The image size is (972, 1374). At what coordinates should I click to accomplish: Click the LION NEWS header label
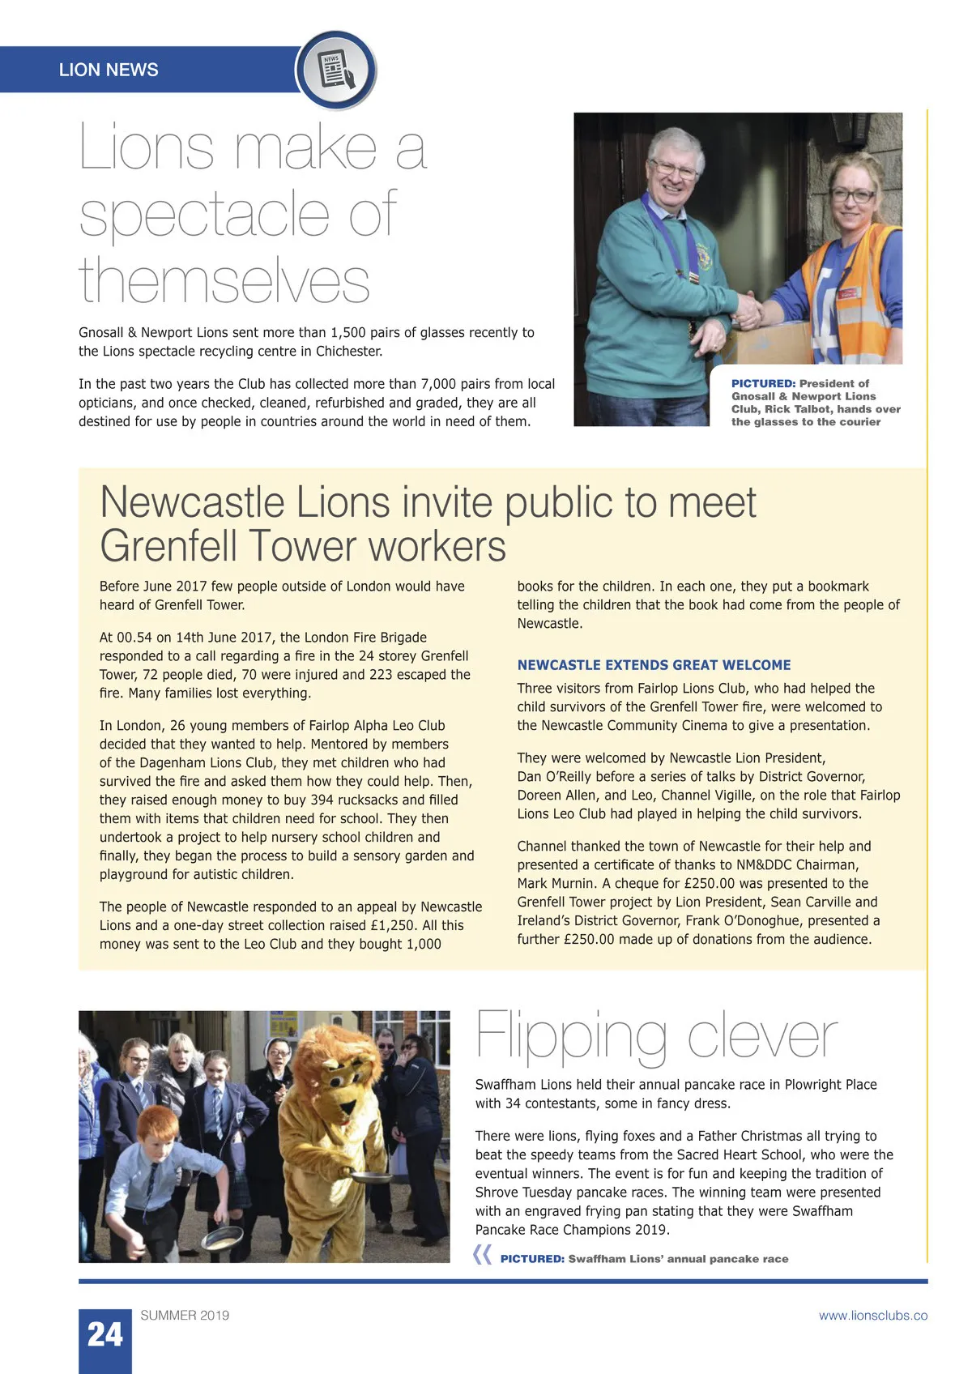coord(109,70)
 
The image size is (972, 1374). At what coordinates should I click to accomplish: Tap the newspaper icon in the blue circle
coord(335,70)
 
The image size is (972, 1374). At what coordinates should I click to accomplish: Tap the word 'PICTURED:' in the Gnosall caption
coord(763,383)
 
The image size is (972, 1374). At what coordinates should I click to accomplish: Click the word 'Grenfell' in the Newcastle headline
coord(168,546)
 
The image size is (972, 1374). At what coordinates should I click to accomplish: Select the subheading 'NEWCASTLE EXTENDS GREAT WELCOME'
coord(654,665)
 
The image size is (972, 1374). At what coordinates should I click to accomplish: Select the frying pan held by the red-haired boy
coord(221,1237)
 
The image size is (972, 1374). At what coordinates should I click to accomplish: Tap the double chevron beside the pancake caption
coord(482,1256)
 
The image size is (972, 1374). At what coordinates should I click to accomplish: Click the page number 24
coord(104,1335)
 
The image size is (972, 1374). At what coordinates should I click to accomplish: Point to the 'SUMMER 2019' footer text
coord(185,1316)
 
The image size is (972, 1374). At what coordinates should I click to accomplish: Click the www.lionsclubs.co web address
coord(872,1316)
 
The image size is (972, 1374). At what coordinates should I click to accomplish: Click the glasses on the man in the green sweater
coord(673,169)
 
